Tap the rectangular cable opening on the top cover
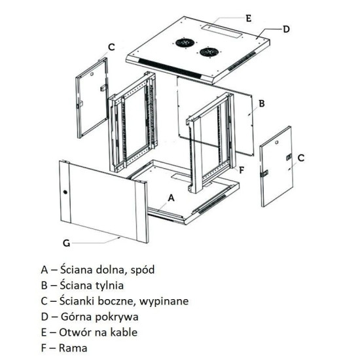click(216, 28)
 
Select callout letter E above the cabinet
click(248, 19)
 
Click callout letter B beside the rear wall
click(261, 103)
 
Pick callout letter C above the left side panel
click(111, 46)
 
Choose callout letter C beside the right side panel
click(300, 158)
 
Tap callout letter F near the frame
click(242, 170)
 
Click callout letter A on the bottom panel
click(171, 197)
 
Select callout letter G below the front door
click(66, 243)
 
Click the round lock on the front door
click(65, 192)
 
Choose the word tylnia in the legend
click(108, 285)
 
